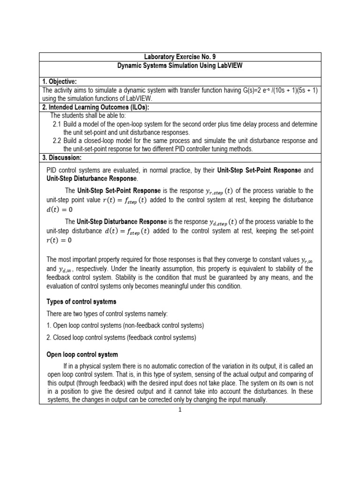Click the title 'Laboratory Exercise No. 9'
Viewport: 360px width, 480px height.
tap(180, 57)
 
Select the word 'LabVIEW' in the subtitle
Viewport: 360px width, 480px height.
tap(229, 66)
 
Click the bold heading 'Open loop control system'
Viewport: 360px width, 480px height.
tap(82, 354)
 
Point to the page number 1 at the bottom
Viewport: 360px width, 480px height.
tap(180, 409)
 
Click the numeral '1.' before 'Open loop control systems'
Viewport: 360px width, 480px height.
tap(49, 325)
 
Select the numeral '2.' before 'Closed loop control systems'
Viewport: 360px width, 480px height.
tap(49, 337)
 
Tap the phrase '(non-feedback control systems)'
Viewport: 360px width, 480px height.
tap(159, 325)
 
